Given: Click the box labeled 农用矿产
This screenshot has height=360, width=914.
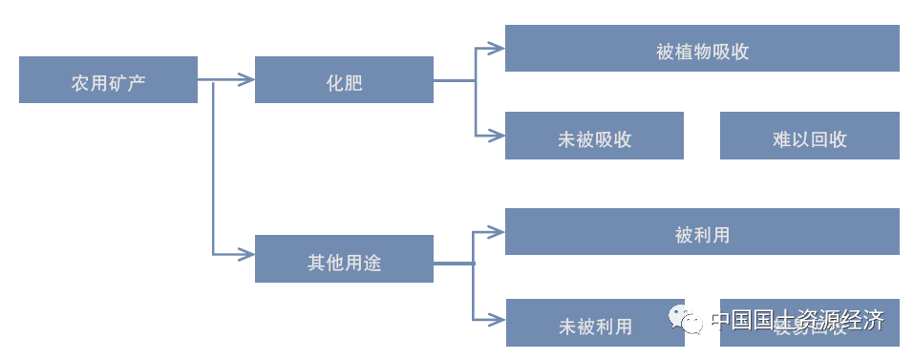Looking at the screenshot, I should [x=108, y=79].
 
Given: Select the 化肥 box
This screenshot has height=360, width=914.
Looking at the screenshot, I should [x=344, y=79].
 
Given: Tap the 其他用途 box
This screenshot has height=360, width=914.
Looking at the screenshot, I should [x=344, y=259].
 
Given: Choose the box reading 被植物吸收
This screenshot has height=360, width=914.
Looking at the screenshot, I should [x=702, y=48].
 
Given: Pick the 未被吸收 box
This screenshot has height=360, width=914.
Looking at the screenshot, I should [x=594, y=136].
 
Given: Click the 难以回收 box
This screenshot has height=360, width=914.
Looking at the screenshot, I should [x=809, y=136].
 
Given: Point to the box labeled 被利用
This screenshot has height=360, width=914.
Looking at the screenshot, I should [x=702, y=232].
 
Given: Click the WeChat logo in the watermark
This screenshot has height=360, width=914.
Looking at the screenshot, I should [x=686, y=319].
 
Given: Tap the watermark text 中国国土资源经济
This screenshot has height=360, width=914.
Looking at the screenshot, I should [x=798, y=320].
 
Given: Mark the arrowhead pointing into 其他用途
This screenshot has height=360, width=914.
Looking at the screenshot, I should [x=246, y=254].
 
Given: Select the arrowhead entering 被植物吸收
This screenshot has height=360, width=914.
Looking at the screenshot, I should [x=497, y=47].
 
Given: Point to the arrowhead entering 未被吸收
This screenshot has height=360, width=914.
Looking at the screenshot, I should [x=497, y=136].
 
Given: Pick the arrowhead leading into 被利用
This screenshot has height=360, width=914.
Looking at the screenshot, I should [x=497, y=230].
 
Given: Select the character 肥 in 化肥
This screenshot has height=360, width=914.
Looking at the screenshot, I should [x=353, y=80].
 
